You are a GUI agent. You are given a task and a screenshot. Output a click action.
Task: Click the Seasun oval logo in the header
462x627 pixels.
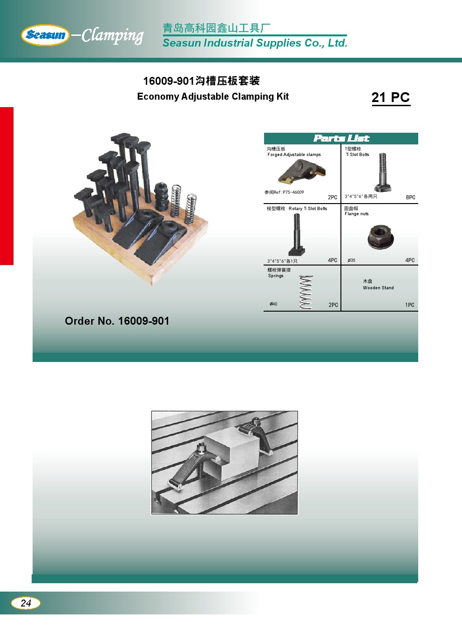point(45,35)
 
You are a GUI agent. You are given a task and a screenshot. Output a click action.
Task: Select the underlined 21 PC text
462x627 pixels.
point(391,98)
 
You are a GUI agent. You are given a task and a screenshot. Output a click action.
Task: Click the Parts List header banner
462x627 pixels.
point(341,138)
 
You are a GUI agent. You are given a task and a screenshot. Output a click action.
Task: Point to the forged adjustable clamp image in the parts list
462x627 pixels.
point(302,171)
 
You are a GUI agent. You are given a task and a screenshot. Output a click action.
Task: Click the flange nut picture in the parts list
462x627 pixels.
point(380,237)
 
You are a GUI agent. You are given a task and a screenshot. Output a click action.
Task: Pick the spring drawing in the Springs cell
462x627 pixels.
point(306,292)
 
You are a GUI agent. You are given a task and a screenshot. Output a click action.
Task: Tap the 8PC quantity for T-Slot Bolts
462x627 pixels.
point(410,198)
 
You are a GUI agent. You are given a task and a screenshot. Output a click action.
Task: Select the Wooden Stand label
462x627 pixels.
point(378,287)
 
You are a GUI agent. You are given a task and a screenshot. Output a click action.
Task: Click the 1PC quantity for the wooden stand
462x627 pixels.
point(409,305)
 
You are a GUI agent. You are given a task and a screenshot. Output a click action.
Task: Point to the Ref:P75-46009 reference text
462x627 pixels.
point(284,192)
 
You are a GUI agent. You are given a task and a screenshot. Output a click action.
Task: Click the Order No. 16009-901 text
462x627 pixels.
point(117,321)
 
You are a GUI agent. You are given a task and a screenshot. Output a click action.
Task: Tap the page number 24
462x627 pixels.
point(26,603)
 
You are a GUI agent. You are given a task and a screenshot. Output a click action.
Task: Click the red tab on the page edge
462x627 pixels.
point(7,186)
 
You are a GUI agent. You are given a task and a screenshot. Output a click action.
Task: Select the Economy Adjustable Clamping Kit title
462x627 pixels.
point(213,96)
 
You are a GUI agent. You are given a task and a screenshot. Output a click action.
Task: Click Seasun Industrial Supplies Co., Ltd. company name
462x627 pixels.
point(255,43)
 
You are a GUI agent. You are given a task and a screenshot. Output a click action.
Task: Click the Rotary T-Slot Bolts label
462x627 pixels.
point(308,209)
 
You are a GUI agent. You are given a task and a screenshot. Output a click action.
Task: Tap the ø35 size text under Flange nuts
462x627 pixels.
point(352,260)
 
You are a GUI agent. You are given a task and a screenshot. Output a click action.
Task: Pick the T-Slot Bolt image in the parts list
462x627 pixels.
point(382,172)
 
